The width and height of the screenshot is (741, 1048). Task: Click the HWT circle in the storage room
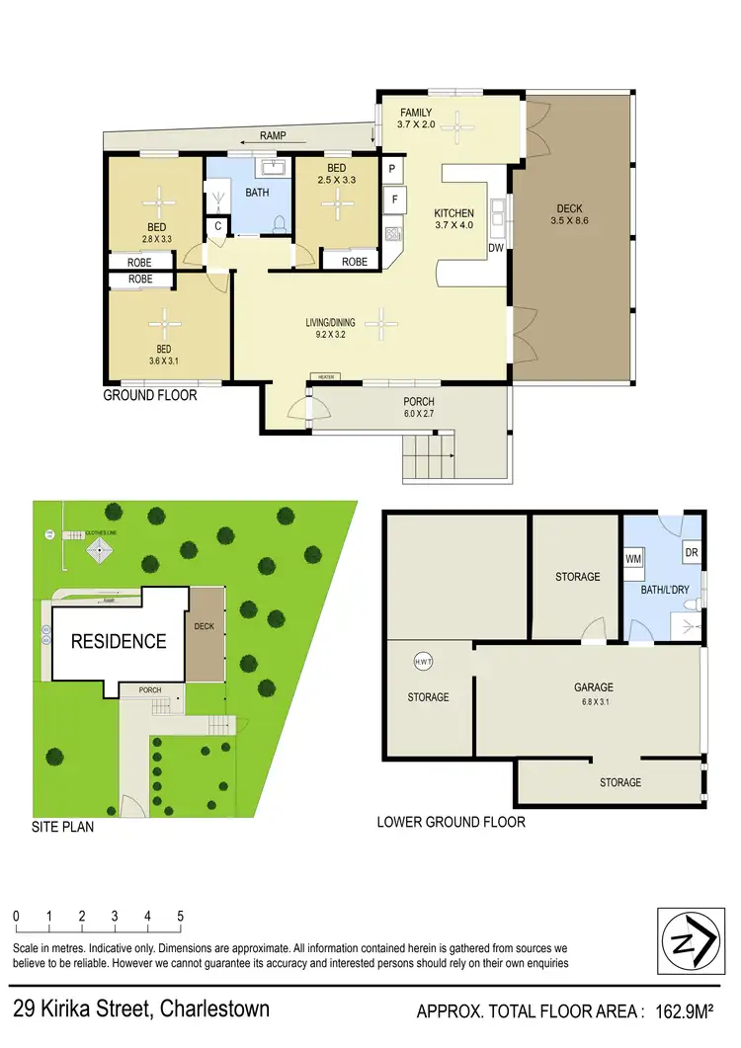click(422, 662)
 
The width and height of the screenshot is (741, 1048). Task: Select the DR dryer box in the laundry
click(692, 554)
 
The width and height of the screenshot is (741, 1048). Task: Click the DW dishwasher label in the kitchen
click(496, 249)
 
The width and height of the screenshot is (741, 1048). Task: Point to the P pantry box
click(392, 169)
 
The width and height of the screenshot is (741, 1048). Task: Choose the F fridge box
click(394, 201)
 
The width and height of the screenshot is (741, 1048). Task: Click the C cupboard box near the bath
click(217, 226)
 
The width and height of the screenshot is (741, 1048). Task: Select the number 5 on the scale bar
click(180, 916)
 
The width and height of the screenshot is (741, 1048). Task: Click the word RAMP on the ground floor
click(274, 135)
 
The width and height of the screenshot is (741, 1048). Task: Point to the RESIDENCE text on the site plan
click(118, 641)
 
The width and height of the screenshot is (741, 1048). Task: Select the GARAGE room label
click(594, 687)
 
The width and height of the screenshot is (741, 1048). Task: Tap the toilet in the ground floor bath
click(280, 223)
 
